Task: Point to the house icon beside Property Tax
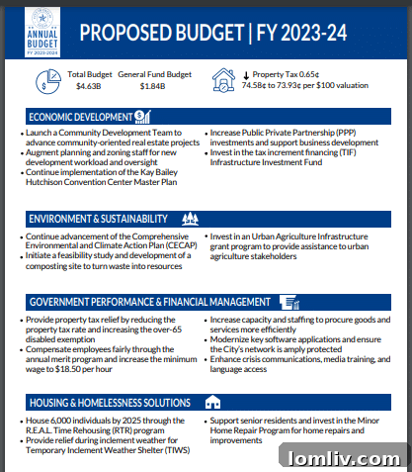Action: (224, 80)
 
